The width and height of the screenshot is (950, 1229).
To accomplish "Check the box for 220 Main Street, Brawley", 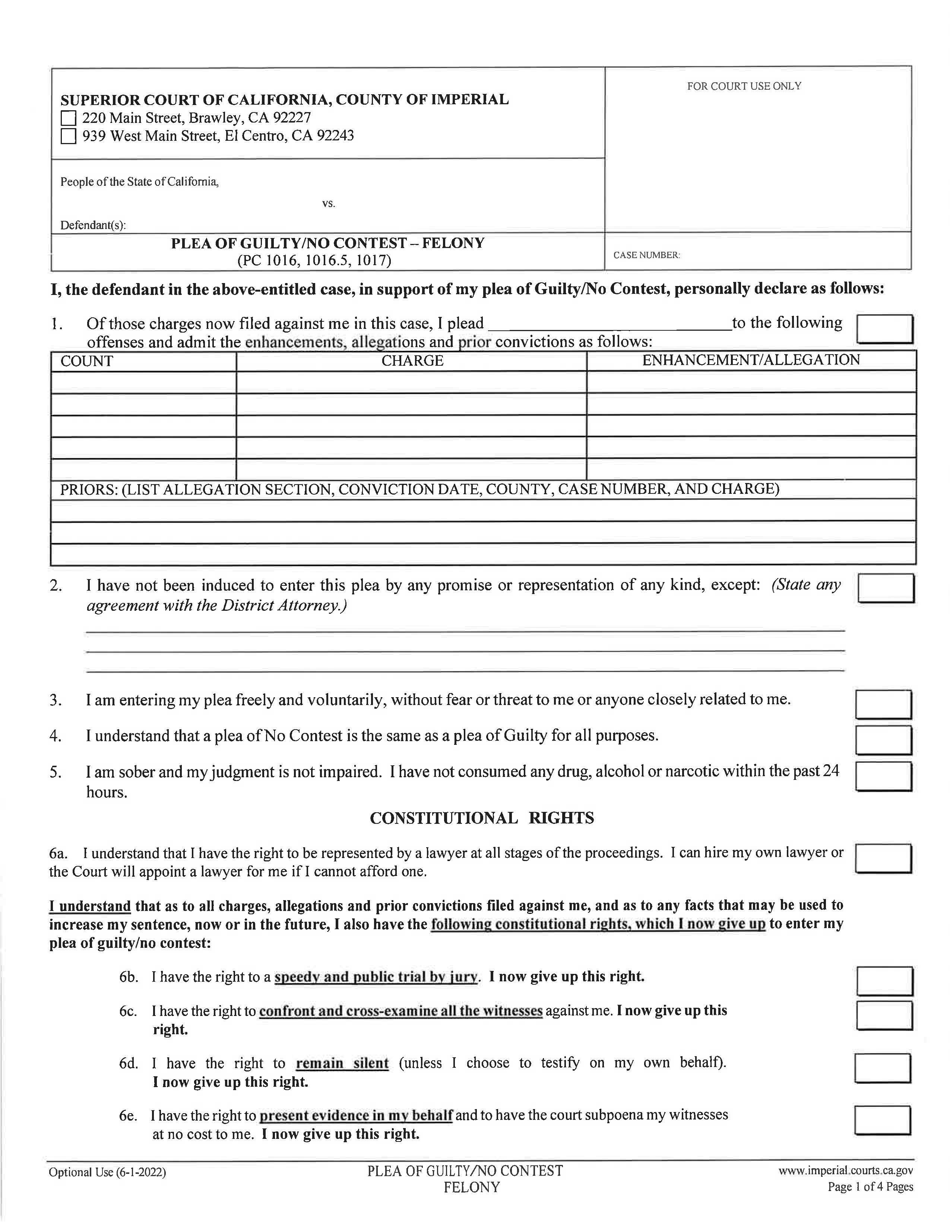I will click(x=68, y=118).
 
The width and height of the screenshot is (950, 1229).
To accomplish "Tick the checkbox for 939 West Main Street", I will click(x=68, y=136).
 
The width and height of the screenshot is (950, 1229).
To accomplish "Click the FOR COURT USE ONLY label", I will click(x=744, y=86).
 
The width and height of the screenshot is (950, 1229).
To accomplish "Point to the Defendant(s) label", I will click(x=93, y=225).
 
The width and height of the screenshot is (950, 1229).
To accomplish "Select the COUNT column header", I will click(x=87, y=361).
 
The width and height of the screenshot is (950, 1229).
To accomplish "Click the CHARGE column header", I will click(x=412, y=361).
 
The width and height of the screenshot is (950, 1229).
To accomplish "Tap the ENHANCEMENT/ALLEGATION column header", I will click(x=751, y=360).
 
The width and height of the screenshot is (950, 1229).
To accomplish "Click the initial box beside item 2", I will click(x=885, y=588).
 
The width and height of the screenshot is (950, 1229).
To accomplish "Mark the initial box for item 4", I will click(x=883, y=740).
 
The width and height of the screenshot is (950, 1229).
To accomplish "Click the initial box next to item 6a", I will click(x=883, y=858).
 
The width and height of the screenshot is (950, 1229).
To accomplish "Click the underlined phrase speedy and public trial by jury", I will click(x=376, y=976).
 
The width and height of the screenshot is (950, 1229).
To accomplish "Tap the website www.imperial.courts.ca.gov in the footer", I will click(x=845, y=1171).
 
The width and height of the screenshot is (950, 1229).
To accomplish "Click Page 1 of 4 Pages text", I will click(x=870, y=1187).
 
